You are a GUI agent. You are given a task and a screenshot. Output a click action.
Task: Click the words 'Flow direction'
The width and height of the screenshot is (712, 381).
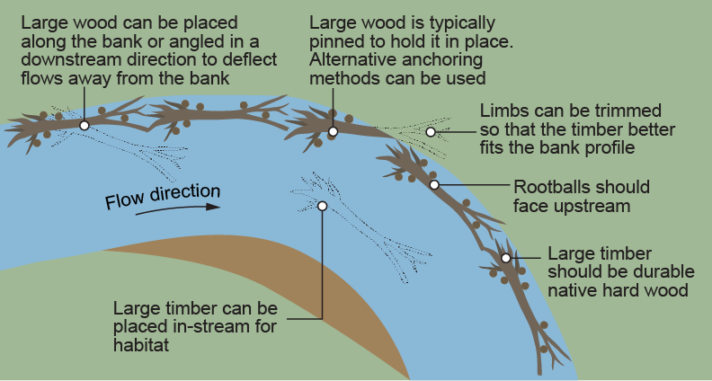tap(163, 195)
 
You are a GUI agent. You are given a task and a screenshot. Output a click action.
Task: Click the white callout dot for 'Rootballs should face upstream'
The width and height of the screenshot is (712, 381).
tap(434, 184)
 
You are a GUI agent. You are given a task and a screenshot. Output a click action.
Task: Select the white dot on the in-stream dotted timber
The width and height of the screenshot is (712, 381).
tap(323, 206)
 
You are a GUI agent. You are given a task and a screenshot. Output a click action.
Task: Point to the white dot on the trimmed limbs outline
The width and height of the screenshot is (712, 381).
tap(431, 132)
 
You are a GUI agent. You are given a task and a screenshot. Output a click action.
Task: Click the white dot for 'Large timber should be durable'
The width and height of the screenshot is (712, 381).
tap(506, 258)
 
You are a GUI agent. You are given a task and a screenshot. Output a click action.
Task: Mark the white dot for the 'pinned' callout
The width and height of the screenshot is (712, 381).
tap(333, 132)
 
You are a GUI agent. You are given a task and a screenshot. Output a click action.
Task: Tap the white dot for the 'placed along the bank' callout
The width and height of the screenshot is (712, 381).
tap(84, 126)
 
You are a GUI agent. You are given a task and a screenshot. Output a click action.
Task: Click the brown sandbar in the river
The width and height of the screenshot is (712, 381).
tap(297, 288)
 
